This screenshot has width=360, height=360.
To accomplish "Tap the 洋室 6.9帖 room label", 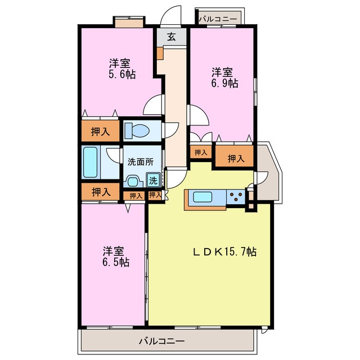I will (x=224, y=78).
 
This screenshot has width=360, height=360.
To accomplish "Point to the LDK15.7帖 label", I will (x=222, y=252).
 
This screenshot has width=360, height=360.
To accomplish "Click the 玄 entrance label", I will (x=172, y=38).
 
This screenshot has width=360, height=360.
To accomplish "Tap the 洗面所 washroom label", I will (x=140, y=161).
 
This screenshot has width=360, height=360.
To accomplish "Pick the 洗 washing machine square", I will (x=153, y=181).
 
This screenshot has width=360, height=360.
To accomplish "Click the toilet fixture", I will (x=137, y=131).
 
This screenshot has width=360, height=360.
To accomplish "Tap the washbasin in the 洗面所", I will (x=133, y=181).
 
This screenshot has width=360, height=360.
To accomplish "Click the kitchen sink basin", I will (x=202, y=197).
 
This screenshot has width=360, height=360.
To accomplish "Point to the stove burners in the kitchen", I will (x=236, y=197).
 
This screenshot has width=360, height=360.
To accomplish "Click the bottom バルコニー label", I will (x=161, y=341).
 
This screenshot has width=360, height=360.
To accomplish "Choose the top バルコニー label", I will (x=218, y=19).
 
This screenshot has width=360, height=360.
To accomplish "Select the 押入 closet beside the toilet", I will (x=100, y=132).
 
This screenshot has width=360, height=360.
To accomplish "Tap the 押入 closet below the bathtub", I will (x=100, y=192).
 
